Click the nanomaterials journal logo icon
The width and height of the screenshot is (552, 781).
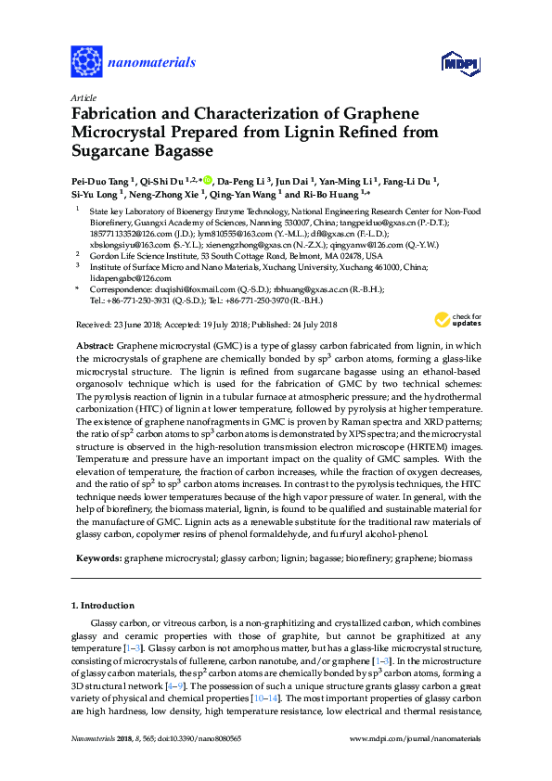(86, 62)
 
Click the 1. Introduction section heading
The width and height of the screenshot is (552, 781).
(108, 605)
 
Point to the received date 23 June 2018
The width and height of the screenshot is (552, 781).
(138, 324)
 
